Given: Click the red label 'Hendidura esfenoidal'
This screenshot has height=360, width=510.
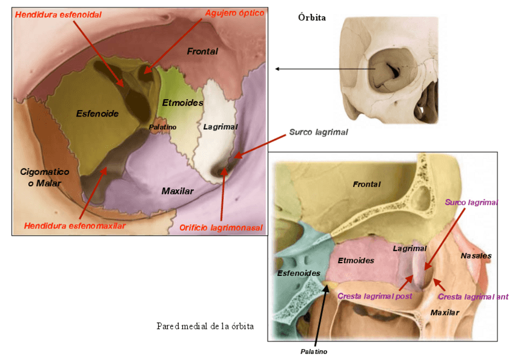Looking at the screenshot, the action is pos(58,14).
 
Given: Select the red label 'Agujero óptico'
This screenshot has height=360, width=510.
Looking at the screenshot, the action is pos(235,13).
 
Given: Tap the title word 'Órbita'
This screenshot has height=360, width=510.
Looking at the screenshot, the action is pos(312,17).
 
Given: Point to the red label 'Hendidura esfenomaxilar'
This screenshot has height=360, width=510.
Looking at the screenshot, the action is pos(75,226).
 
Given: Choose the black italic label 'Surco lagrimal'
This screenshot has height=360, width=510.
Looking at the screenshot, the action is pos(318,132).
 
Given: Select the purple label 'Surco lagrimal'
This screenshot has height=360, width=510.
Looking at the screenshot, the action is pos(468,203).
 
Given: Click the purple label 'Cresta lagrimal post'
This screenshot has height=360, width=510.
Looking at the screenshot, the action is pos(375,296).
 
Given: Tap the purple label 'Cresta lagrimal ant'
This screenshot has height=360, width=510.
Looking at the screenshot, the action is pos(473,296).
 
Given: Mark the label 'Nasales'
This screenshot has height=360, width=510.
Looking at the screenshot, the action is pos(476,255).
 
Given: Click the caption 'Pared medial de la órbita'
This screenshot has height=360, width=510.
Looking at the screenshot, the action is pos(204,326).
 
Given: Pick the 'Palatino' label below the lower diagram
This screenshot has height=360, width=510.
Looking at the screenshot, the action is pos(313,352).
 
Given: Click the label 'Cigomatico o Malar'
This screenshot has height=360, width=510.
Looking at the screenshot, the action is pos(45,177).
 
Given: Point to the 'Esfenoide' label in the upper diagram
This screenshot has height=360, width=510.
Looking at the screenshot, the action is pos(97,113).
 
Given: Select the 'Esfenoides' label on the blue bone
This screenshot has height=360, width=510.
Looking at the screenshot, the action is pos(298,273).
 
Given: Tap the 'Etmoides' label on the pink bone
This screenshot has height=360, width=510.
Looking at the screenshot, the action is pos(356,261).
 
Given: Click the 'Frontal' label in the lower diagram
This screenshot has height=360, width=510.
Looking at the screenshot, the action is pos(366,185).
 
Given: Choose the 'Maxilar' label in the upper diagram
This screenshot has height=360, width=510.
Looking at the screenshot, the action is pos(177,191).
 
